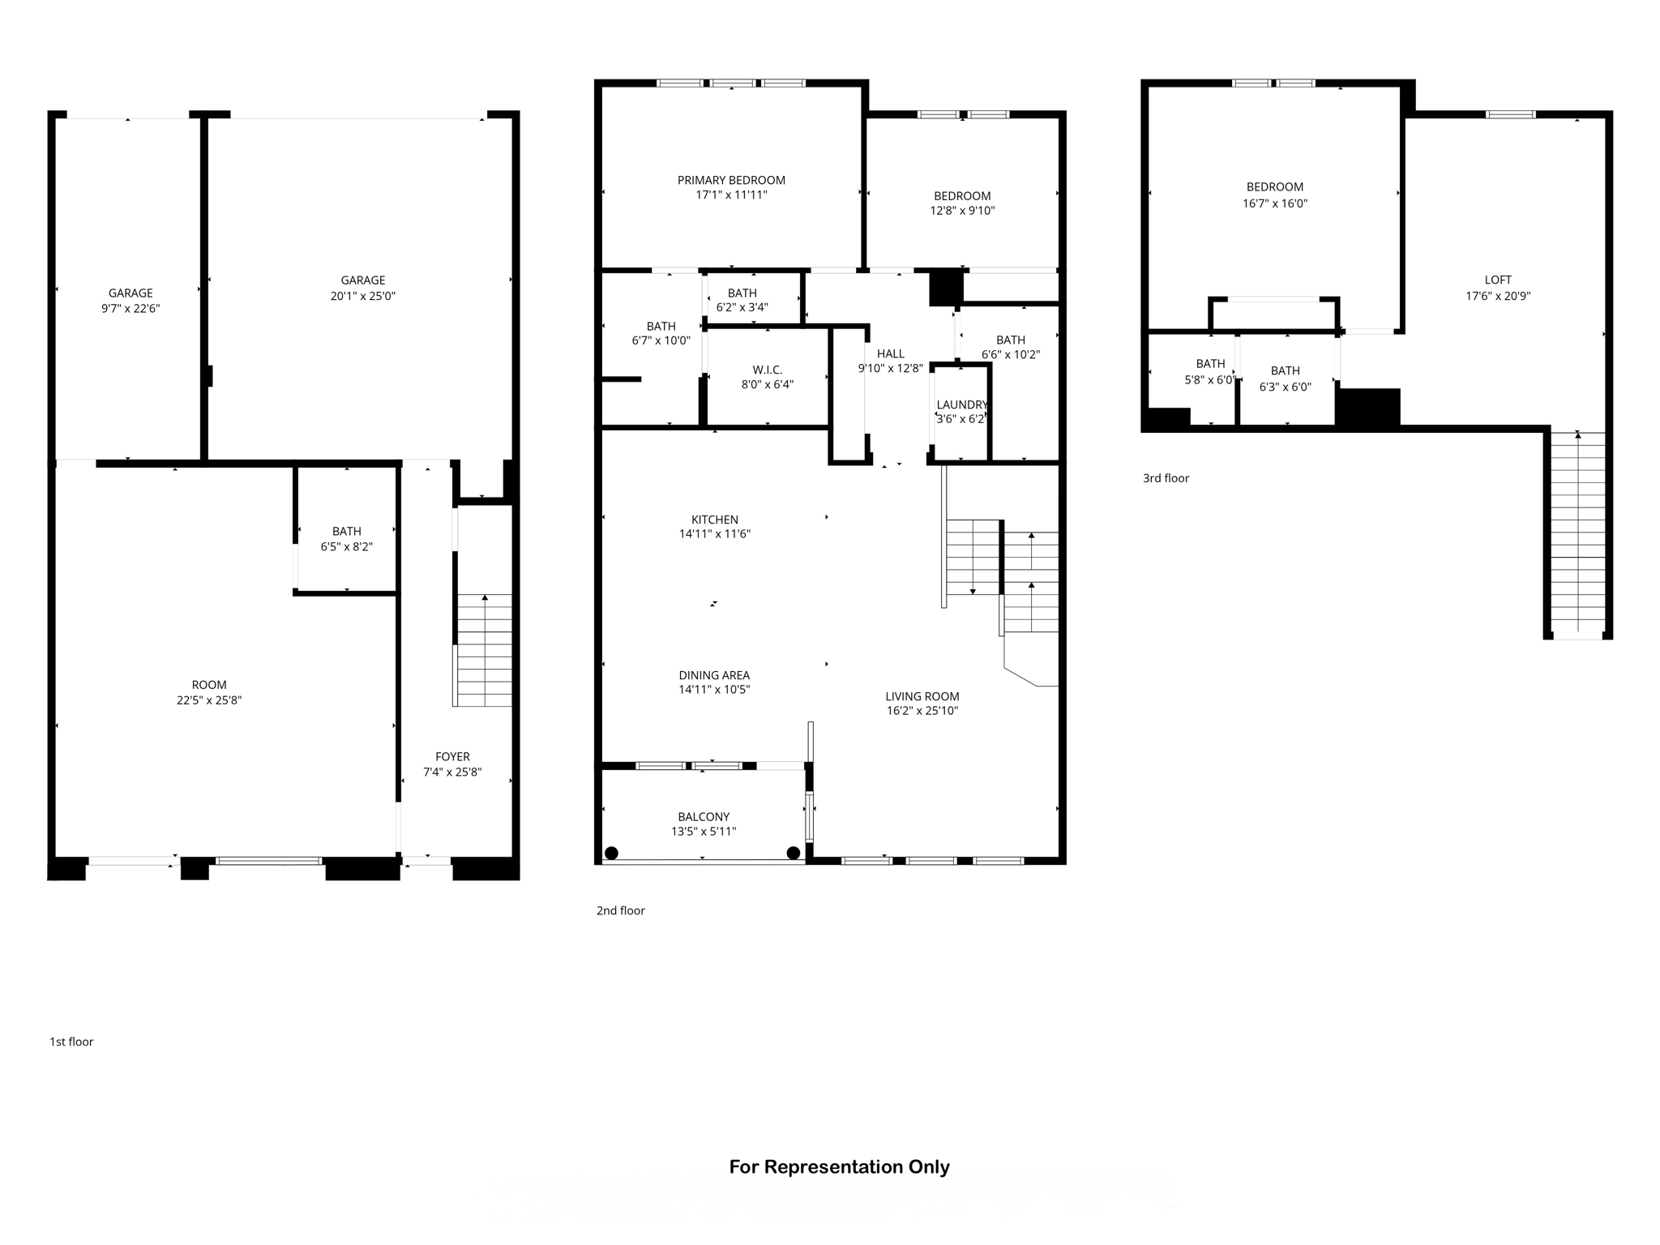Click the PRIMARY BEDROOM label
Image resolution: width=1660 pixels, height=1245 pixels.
[731, 180]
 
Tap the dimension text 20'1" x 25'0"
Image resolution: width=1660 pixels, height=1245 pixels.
[362, 296]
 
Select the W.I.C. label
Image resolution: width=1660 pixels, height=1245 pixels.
[767, 370]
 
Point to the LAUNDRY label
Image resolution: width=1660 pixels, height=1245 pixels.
[961, 404]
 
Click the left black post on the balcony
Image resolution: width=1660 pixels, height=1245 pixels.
[612, 853]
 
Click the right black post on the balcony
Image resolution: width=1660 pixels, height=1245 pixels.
[794, 853]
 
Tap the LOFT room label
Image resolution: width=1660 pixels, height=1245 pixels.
[1498, 280]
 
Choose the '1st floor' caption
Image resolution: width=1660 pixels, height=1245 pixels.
[71, 1042]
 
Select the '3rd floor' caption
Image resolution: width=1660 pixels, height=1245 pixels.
[1166, 478]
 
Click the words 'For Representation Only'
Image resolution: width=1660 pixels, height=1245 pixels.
[839, 1167]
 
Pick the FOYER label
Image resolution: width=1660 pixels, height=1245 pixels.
[452, 756]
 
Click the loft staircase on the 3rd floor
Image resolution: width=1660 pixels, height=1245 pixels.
[1577, 535]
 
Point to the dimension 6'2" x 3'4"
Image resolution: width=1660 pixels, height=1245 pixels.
[742, 307]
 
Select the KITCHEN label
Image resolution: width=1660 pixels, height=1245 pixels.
[714, 520]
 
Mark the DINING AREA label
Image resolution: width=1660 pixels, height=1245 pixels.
[714, 675]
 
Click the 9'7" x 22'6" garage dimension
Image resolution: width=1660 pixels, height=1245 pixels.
[130, 308]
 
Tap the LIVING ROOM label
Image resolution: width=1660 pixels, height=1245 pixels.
[922, 696]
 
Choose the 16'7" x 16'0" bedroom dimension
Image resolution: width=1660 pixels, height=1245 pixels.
[1274, 203]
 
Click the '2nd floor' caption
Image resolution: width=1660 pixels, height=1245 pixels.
[620, 910]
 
